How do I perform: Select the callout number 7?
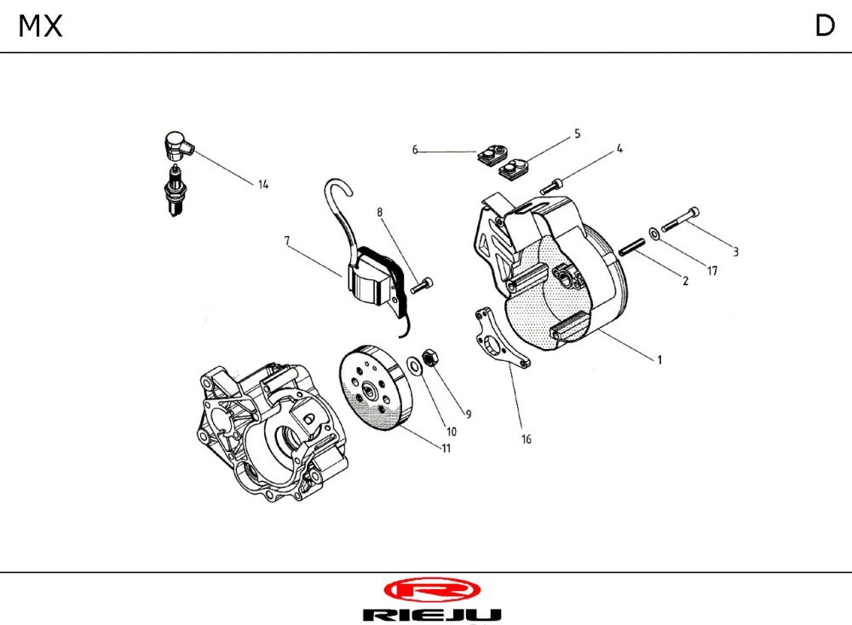(287, 241)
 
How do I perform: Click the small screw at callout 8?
(422, 286)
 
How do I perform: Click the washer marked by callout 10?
(414, 365)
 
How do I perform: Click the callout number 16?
(526, 439)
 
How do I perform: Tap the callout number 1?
(659, 359)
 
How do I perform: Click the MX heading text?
(41, 26)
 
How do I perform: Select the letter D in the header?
(824, 26)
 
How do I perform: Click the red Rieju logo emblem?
(432, 589)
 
